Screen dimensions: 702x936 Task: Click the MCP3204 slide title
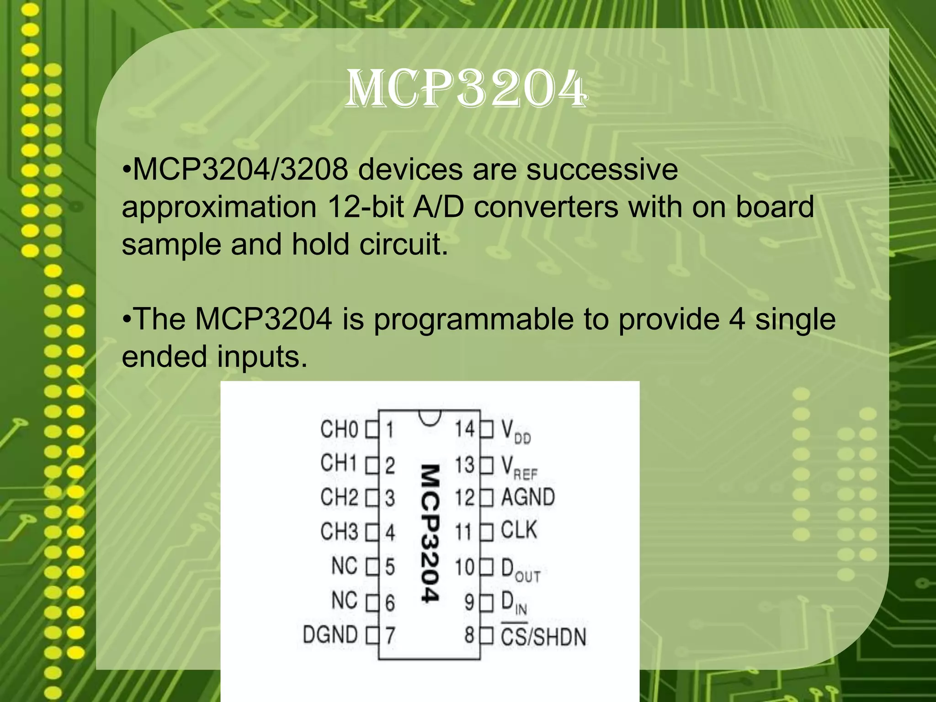click(x=466, y=89)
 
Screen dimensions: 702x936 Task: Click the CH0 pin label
click(x=340, y=430)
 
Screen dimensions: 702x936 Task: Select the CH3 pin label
click(x=340, y=532)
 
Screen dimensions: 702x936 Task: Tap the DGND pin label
click(x=330, y=635)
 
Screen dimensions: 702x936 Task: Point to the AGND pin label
click(x=528, y=497)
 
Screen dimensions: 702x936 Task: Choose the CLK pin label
click(x=519, y=531)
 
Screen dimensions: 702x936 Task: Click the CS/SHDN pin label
click(x=543, y=637)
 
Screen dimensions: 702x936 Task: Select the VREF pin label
click(x=519, y=468)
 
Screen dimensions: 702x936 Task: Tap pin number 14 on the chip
click(x=465, y=429)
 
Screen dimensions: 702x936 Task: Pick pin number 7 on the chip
click(x=390, y=636)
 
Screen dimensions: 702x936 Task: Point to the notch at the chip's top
click(x=429, y=417)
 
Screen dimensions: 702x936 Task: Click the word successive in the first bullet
click(x=602, y=170)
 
